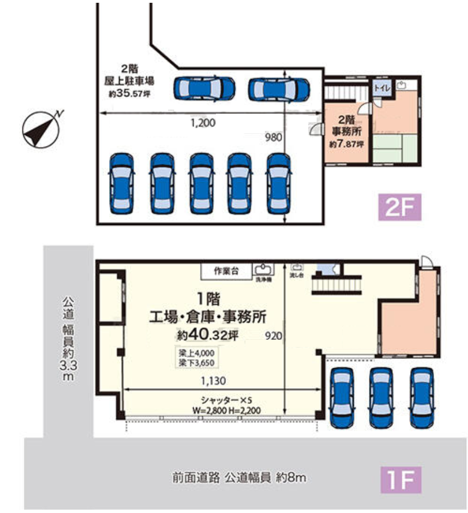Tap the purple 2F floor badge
pyautogui.click(x=400, y=208)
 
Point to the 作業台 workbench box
pyautogui.click(x=226, y=271)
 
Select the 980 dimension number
pyautogui.click(x=274, y=136)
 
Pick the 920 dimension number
pyautogui.click(x=273, y=336)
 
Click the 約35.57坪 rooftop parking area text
pyautogui.click(x=129, y=94)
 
